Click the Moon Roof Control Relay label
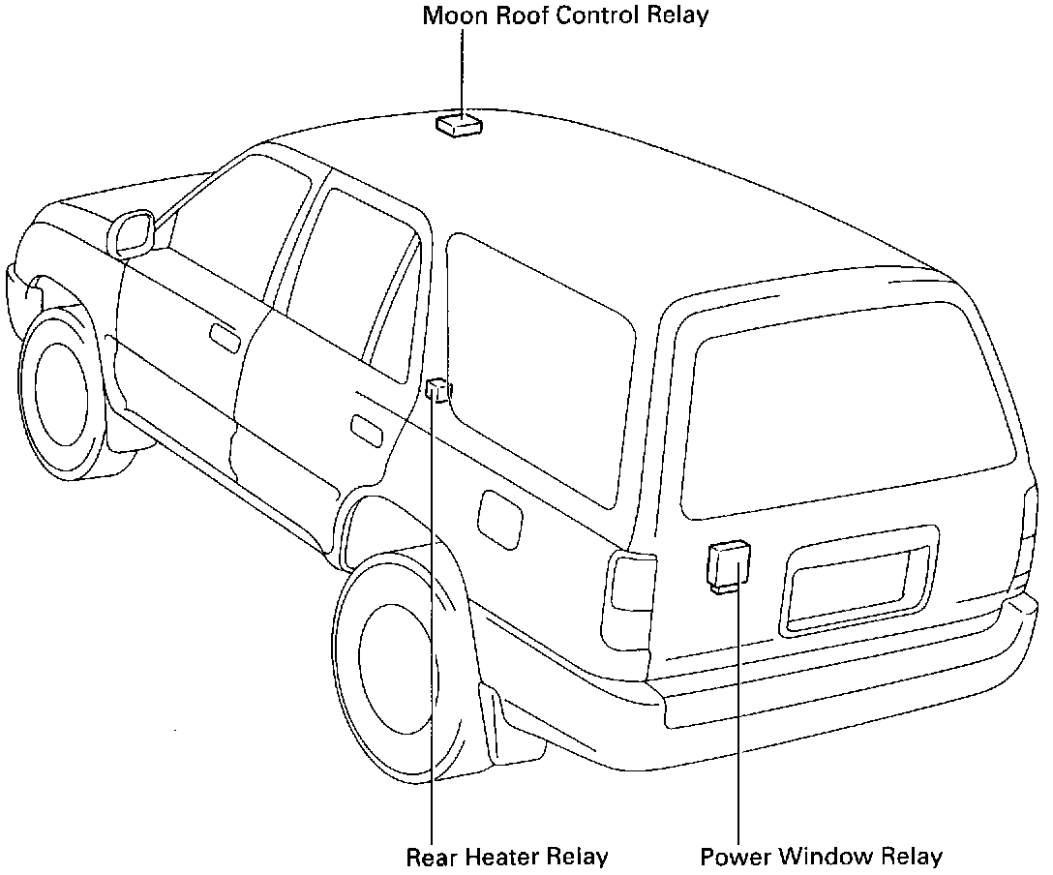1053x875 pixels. (x=566, y=15)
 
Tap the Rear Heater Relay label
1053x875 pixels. (x=507, y=858)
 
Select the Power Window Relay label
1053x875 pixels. (x=821, y=858)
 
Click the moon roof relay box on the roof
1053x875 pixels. (x=460, y=126)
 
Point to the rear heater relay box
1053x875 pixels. (x=437, y=389)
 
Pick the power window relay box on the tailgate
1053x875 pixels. (x=730, y=564)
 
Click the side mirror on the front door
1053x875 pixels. (x=133, y=234)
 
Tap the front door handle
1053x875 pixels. (x=225, y=337)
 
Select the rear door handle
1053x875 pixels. (x=365, y=430)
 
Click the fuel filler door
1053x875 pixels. (x=500, y=519)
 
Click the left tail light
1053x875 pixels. (x=630, y=593)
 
